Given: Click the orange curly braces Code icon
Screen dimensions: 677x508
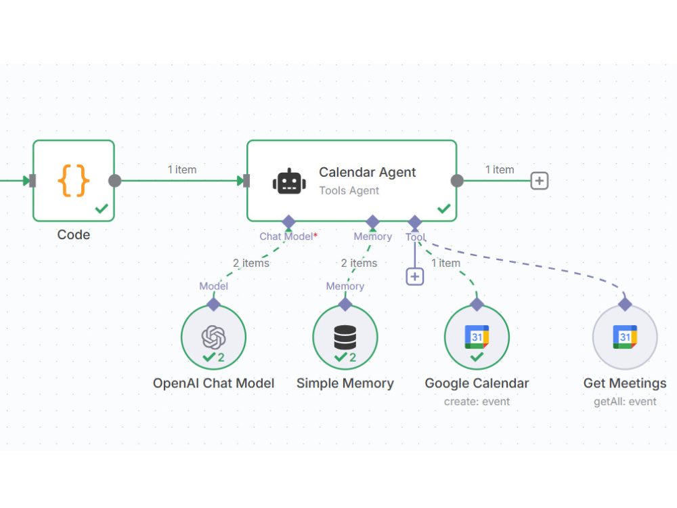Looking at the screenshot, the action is tap(74, 181).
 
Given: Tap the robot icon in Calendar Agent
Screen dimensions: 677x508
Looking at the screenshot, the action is tap(289, 182).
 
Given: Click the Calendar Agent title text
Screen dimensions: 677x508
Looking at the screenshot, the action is tap(368, 172).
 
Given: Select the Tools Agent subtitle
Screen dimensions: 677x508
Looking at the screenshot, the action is tap(349, 190).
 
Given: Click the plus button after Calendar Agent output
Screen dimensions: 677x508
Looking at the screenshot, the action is tap(540, 181).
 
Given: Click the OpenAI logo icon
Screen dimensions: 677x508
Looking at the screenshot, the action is tap(213, 337).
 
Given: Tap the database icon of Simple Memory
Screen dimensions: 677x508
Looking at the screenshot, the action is tap(345, 337).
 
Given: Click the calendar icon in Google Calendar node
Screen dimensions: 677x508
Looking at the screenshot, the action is tap(477, 337).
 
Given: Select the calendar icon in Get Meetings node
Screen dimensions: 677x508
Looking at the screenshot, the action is tap(625, 337).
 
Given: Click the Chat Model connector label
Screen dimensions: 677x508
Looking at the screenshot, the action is tap(288, 236).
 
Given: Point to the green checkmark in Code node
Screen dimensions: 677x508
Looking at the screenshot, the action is tap(102, 209).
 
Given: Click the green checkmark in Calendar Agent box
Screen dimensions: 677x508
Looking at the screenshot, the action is tap(444, 209).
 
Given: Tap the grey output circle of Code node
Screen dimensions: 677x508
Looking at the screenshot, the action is tap(115, 181).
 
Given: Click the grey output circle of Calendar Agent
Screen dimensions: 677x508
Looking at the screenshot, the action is tap(457, 181).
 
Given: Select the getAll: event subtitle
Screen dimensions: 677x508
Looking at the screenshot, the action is tap(625, 402).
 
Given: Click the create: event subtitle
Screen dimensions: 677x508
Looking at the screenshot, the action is tap(477, 402).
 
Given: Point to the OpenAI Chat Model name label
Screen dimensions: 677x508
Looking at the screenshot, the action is tap(213, 383).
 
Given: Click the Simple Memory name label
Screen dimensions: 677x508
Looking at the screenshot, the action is tap(345, 383).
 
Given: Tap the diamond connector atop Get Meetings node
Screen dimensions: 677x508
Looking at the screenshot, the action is tap(625, 304).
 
